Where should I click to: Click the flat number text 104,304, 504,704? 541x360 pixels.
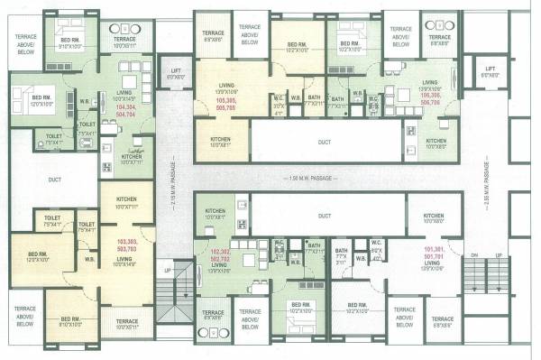coord(126,109)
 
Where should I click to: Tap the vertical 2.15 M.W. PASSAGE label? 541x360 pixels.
coord(171,180)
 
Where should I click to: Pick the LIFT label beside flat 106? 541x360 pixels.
coord(490,72)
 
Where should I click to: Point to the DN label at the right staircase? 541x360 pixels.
coord(474,256)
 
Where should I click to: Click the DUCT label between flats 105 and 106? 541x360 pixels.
coord(324,142)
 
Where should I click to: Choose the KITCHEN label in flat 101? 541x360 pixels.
coord(434,217)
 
